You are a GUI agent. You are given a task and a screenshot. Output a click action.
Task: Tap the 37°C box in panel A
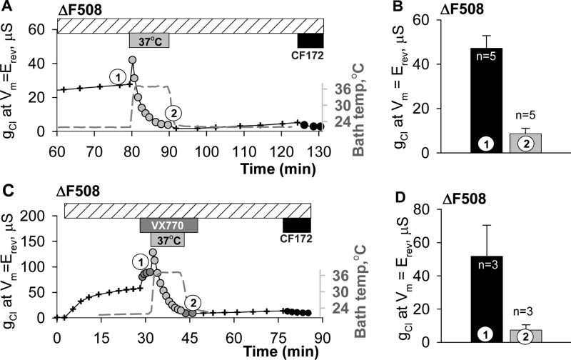(149, 40)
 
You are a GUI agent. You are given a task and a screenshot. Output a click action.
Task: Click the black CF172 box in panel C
(296, 224)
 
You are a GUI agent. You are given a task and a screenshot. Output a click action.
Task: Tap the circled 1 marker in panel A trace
(116, 75)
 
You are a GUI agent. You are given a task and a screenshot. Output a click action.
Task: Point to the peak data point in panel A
(132, 60)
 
